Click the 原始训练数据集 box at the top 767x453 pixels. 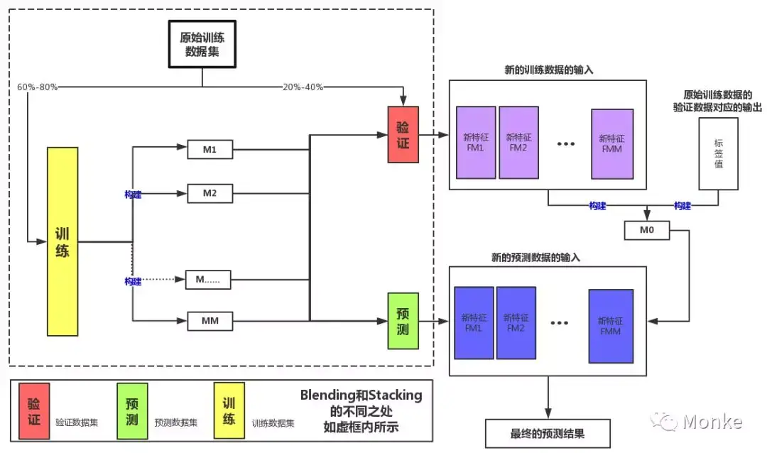[x=202, y=43]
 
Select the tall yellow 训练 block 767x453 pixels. [x=62, y=241]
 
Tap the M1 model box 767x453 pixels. [x=210, y=150]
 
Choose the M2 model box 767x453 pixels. [x=210, y=193]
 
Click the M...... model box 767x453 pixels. [x=209, y=279]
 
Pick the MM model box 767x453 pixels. [x=210, y=321]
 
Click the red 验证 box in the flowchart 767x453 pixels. [x=403, y=134]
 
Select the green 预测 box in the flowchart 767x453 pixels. [x=403, y=321]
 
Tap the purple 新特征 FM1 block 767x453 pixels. [x=475, y=143]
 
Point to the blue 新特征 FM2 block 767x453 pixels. [x=516, y=323]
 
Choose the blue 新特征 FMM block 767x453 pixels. [x=610, y=326]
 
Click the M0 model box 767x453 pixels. [x=646, y=230]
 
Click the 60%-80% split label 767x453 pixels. [x=37, y=87]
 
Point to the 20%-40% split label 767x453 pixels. [x=303, y=87]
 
